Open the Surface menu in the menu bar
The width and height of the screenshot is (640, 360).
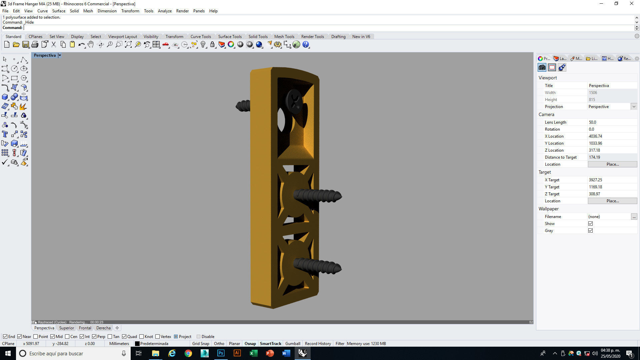[59, 11]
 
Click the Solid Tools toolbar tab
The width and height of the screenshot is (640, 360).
[258, 37]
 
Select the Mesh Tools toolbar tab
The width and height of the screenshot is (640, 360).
[284, 37]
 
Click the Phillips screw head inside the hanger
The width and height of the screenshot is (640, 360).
[294, 100]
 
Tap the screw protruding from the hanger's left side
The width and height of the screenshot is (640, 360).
[243, 106]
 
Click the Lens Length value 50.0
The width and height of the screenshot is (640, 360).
[592, 122]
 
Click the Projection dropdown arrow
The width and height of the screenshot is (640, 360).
[634, 107]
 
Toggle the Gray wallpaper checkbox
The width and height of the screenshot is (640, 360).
[590, 231]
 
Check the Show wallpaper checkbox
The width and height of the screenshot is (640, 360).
[590, 224]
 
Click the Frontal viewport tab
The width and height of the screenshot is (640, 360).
[85, 328]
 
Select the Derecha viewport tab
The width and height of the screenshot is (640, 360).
[103, 328]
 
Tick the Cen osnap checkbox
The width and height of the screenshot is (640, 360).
[67, 337]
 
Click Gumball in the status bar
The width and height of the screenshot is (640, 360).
[293, 344]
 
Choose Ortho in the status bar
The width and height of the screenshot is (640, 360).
[219, 344]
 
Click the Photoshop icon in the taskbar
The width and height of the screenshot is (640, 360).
[221, 353]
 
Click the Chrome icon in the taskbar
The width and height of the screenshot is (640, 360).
[188, 353]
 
